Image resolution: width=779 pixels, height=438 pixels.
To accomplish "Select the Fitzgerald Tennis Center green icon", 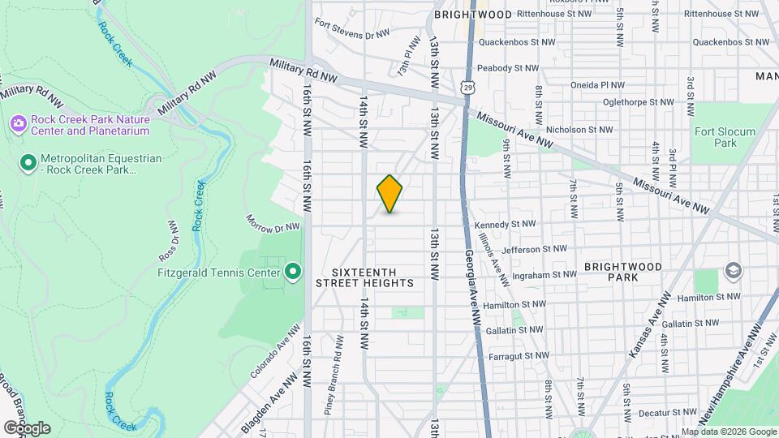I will click(x=294, y=271).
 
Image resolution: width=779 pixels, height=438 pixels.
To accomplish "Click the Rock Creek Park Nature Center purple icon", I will click(x=18, y=124).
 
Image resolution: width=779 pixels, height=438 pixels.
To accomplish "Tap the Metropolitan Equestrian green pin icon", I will click(x=28, y=164).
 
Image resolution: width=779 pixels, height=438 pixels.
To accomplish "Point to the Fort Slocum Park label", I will click(x=725, y=137).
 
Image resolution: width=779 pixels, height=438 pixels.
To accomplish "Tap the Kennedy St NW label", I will click(x=506, y=224).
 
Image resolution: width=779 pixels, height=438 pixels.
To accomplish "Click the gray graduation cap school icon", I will click(x=734, y=271).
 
